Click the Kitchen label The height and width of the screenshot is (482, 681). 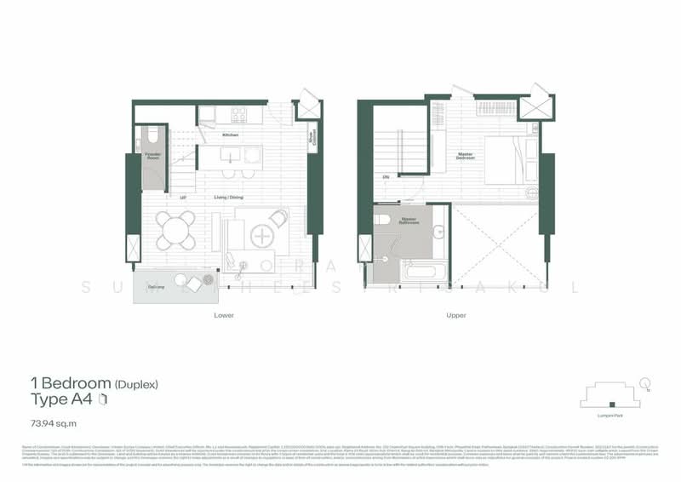[230, 135]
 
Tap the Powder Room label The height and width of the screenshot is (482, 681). [153, 156]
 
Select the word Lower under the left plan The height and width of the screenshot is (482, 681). [225, 315]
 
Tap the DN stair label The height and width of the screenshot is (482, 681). [386, 176]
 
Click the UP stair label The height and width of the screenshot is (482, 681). [183, 197]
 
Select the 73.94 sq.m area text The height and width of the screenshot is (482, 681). [50, 421]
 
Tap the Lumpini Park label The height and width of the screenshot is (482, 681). [610, 416]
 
